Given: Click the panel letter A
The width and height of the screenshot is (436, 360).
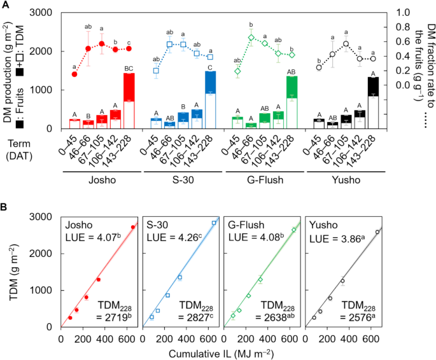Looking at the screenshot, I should [x=5, y=6].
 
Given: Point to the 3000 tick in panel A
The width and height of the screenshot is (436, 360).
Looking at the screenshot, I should [x=43, y=13].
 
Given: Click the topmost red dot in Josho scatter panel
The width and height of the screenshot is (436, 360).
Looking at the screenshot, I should [x=132, y=228].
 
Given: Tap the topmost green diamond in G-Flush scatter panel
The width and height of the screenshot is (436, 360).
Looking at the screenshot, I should [x=293, y=230].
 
